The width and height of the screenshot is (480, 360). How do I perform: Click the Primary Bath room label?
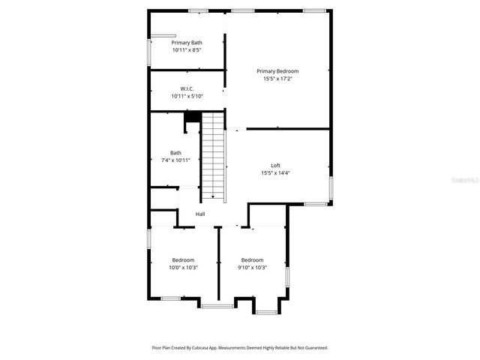pos(187,43)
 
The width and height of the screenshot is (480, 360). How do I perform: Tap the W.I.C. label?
pos(187,88)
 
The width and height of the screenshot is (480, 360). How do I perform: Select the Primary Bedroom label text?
pos(277,71)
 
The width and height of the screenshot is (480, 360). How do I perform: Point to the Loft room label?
pos(275,165)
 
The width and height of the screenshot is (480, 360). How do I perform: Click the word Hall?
pos(200,214)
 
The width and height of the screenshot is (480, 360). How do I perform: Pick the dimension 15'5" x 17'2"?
pos(277,79)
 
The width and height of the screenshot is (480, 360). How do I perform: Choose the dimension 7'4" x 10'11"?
pos(175,160)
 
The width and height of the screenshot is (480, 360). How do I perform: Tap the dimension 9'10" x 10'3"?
pos(252,268)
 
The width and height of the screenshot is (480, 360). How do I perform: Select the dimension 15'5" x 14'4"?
pos(275,172)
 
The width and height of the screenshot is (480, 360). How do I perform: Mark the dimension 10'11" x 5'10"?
pos(187,96)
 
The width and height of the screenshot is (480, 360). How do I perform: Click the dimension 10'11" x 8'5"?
pos(187,50)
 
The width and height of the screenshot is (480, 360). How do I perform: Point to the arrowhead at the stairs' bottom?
pos(213,197)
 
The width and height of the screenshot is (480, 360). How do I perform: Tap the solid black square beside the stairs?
pos(193,116)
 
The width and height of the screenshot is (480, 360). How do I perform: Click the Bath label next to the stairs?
pos(175,152)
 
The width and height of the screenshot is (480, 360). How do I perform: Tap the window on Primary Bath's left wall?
pos(148,50)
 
